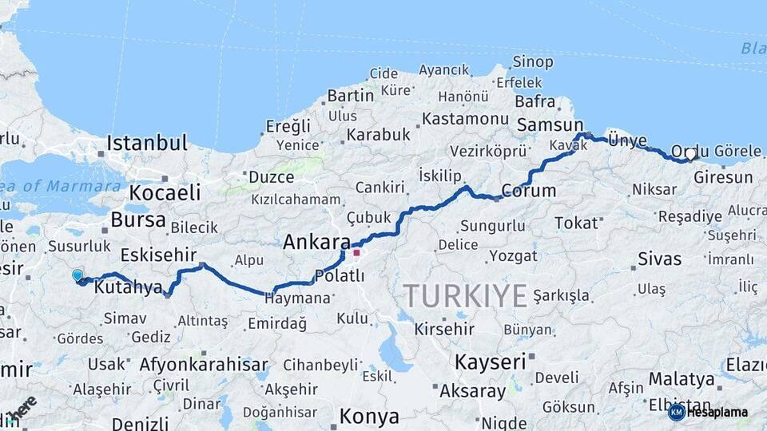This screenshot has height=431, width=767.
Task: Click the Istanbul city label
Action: coord(147,144)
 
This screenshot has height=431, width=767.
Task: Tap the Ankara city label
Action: coord(316,242)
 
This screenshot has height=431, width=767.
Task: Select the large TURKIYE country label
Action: coord(465,295)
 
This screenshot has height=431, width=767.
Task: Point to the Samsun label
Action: coord(550,125)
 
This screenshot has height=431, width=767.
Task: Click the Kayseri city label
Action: coord(491,362)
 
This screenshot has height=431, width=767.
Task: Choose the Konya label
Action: coord(368,417)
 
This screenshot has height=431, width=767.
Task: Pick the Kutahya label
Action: coord(128,288)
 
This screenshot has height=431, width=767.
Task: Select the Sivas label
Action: coord(660,259)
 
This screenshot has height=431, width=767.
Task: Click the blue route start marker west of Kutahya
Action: coord(77,275)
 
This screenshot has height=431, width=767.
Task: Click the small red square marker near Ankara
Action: coord(356,253)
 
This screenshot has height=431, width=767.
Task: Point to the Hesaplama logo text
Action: coord(717,412)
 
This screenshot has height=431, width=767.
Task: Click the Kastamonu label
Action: coord(465,118)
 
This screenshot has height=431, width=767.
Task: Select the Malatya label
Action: coord(681,378)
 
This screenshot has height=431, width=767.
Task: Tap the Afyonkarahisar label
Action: coord(204,366)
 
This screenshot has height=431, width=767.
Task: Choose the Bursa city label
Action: coord(138,219)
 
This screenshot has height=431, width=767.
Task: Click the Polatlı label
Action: coord(340,275)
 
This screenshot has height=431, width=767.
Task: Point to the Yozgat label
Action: coord(515,255)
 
